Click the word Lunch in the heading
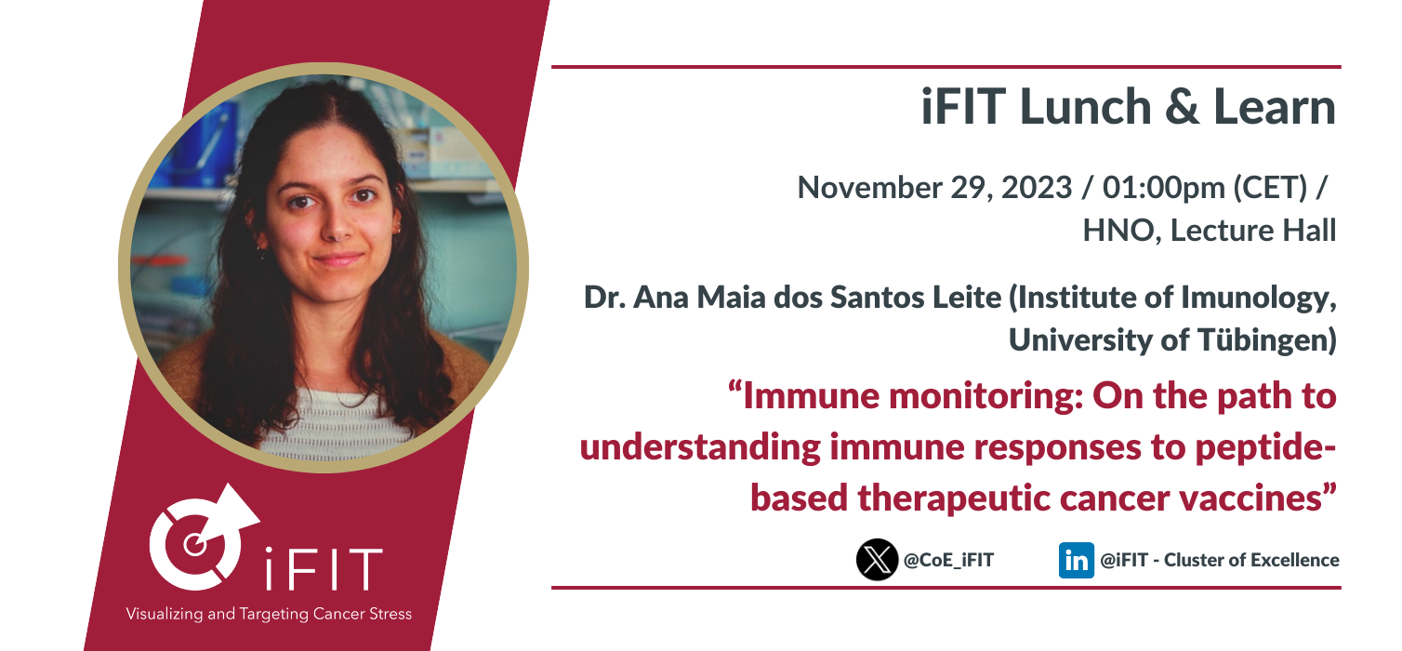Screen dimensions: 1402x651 (1085, 107)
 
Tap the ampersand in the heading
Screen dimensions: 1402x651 (1182, 107)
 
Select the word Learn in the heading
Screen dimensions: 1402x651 (1275, 107)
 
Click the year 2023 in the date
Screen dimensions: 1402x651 (1037, 187)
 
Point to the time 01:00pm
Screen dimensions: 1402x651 (1164, 188)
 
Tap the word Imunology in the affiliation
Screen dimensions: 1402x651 (1258, 298)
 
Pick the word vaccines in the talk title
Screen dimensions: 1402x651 (1257, 498)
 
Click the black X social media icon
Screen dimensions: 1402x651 (877, 559)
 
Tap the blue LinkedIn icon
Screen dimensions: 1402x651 (1076, 560)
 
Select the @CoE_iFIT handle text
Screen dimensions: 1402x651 (948, 560)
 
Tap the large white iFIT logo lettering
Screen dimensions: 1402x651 (324, 569)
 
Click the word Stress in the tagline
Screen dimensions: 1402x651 (390, 614)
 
